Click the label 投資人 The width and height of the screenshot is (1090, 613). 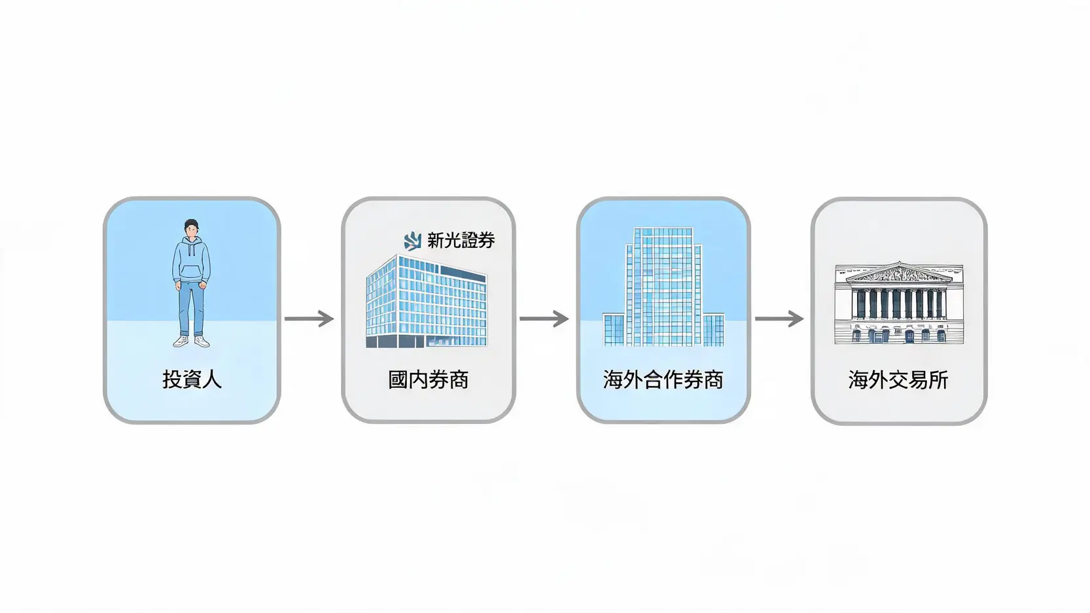click(x=192, y=379)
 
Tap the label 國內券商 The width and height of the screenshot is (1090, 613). click(x=428, y=379)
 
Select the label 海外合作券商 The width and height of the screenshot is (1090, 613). click(x=663, y=379)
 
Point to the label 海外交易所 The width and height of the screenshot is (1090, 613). click(x=898, y=379)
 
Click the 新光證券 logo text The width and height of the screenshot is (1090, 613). click(x=461, y=240)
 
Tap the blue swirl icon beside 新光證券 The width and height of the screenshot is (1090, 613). click(x=413, y=241)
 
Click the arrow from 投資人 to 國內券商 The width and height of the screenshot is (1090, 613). click(x=309, y=319)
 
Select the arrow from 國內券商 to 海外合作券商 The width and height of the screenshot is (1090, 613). click(x=544, y=319)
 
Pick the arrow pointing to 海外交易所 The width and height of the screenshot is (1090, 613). click(x=779, y=319)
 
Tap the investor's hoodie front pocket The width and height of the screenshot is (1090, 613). click(x=191, y=272)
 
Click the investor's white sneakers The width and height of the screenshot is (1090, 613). click(x=191, y=341)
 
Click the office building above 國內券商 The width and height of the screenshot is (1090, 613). click(x=427, y=301)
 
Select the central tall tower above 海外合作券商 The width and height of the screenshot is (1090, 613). click(x=663, y=287)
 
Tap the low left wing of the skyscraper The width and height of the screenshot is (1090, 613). click(x=614, y=329)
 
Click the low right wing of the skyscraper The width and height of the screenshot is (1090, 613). click(x=713, y=329)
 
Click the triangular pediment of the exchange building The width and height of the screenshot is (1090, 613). click(x=899, y=273)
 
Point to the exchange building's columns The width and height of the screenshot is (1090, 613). click(x=899, y=304)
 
